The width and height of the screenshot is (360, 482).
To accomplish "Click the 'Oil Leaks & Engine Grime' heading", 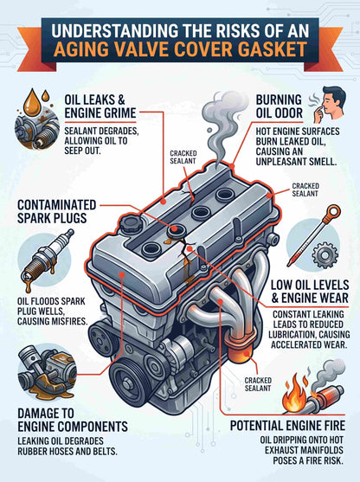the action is (x=100, y=106).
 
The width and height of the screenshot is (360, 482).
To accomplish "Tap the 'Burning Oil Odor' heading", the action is (x=280, y=106).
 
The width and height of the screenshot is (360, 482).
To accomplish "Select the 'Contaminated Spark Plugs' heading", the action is (x=57, y=211).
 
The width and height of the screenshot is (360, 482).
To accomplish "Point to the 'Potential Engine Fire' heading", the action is (x=288, y=426).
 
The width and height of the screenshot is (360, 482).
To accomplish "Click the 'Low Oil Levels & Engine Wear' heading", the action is (x=310, y=292).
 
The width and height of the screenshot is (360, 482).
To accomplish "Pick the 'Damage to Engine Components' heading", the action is (x=73, y=420).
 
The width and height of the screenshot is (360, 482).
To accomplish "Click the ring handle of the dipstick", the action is (x=333, y=212).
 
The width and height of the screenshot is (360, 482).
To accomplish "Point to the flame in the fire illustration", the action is (x=295, y=395).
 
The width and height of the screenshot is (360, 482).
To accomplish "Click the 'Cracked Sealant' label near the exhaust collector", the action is (x=258, y=384).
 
